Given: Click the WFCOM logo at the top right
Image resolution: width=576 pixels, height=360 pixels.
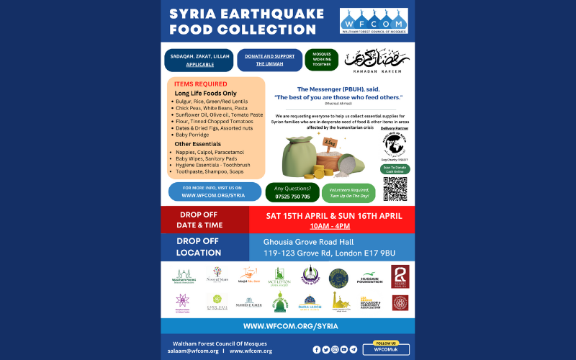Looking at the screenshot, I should click(x=373, y=20).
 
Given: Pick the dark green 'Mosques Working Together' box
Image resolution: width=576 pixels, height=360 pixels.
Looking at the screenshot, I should click(x=321, y=59).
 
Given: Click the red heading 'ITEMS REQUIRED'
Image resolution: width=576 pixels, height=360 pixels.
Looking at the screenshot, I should click(x=201, y=84).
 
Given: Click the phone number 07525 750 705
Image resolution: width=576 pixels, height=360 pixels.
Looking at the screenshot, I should click(x=292, y=197).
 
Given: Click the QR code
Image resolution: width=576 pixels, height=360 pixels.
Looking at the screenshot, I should click(x=395, y=189).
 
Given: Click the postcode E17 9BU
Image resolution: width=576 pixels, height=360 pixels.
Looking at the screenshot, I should click(x=380, y=253).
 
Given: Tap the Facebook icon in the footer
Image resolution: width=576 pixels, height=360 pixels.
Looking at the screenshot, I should click(x=316, y=349).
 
